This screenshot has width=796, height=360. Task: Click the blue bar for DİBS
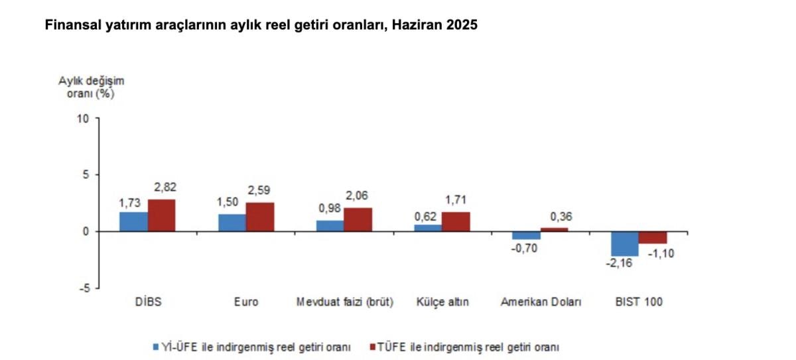point(133,221)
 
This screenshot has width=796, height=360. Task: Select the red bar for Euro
point(260,217)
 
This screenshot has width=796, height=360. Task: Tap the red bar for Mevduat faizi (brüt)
point(358,219)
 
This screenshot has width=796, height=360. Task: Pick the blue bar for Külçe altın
point(429,228)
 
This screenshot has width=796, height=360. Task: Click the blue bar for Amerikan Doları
point(526,235)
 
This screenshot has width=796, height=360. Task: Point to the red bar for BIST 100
point(653,237)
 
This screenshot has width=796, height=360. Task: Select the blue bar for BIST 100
point(624,243)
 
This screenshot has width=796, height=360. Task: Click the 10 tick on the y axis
point(83,119)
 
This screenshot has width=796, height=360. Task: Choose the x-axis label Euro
point(245,302)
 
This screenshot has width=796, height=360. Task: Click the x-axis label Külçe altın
point(442,302)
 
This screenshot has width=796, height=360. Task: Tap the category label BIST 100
point(639,302)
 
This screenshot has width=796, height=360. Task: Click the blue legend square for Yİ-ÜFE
point(155,346)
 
